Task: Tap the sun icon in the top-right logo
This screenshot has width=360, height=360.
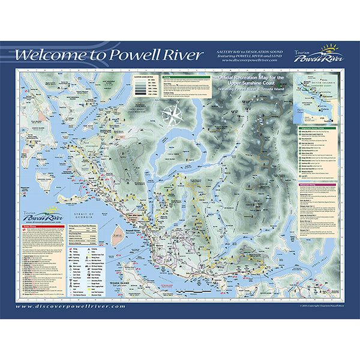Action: pos(329,47)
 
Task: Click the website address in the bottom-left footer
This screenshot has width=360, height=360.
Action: pos(71,305)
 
